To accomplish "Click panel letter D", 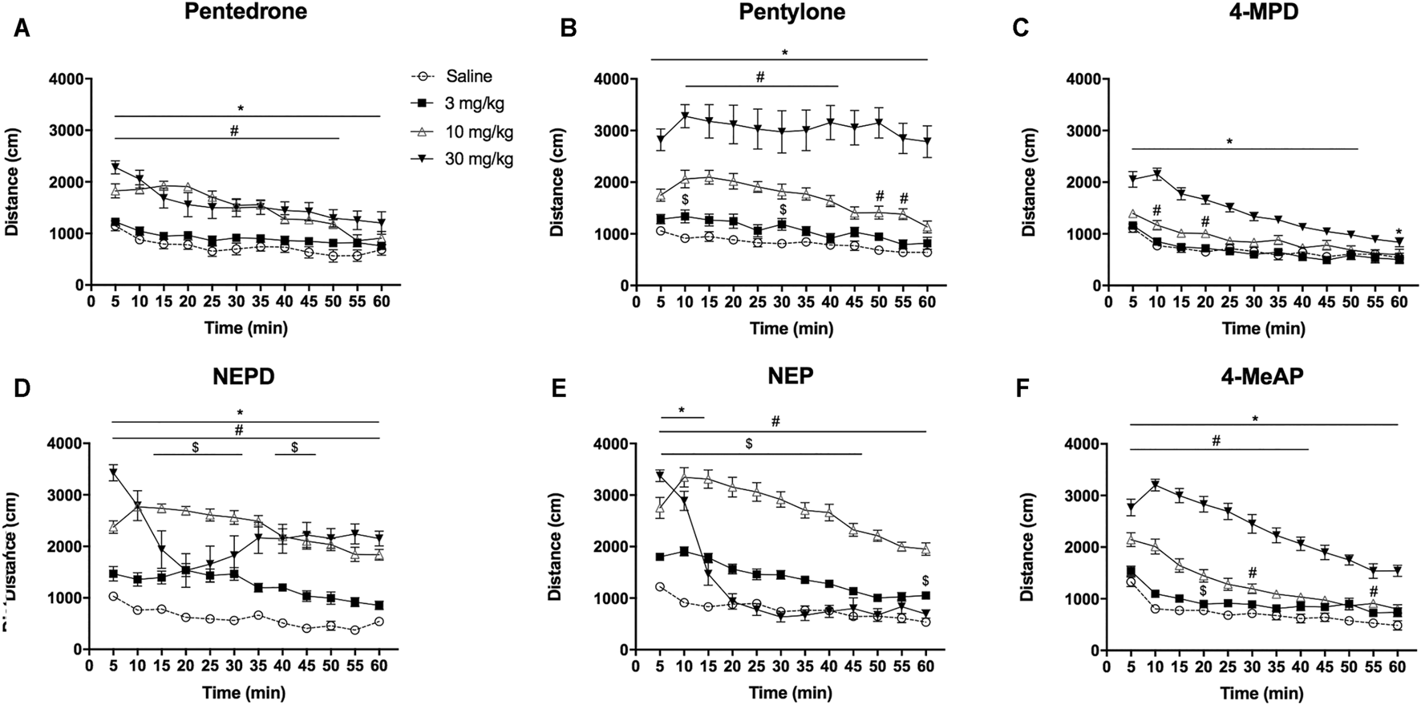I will click(22, 388).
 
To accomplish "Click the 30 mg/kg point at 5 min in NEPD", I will click(114, 473).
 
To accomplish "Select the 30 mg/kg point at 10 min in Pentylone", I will click(685, 116).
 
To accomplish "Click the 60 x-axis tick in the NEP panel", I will click(925, 666).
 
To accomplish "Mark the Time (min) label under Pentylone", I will click(791, 328).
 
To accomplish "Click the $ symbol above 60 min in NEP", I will click(925, 581).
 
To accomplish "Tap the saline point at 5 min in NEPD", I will click(114, 596).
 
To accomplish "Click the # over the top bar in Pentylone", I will click(760, 77).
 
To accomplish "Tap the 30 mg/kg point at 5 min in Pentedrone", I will click(115, 168).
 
